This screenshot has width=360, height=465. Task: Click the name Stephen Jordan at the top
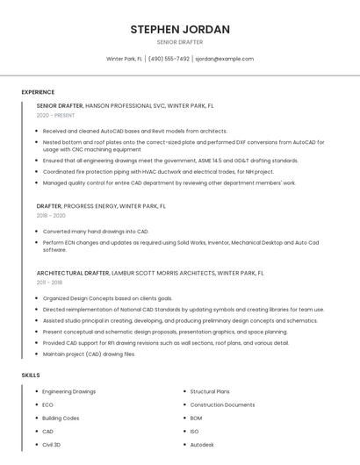click(x=180, y=29)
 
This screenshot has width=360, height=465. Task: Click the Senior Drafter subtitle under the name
click(x=180, y=42)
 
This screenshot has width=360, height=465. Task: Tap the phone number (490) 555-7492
click(x=169, y=59)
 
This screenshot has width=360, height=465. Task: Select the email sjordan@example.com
click(x=224, y=59)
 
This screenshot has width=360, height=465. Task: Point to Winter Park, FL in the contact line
click(x=124, y=59)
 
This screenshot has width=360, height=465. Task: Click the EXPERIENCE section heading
click(x=38, y=92)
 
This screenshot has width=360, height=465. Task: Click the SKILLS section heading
click(x=31, y=375)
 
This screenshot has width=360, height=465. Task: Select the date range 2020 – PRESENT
click(x=55, y=115)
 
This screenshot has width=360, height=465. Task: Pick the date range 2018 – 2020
click(x=51, y=215)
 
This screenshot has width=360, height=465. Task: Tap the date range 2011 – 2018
click(x=49, y=283)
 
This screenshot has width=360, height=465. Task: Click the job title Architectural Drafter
click(x=73, y=273)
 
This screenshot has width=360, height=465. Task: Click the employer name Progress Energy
click(x=91, y=206)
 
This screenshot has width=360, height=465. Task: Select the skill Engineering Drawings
click(x=68, y=391)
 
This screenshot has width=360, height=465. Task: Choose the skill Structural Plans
click(x=210, y=391)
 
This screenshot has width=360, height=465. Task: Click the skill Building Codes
click(x=61, y=418)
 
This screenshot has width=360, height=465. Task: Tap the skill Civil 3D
click(x=52, y=445)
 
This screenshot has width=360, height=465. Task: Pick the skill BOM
click(x=196, y=418)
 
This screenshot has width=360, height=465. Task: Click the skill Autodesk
click(x=202, y=445)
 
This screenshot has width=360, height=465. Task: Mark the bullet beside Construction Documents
click(x=184, y=404)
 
